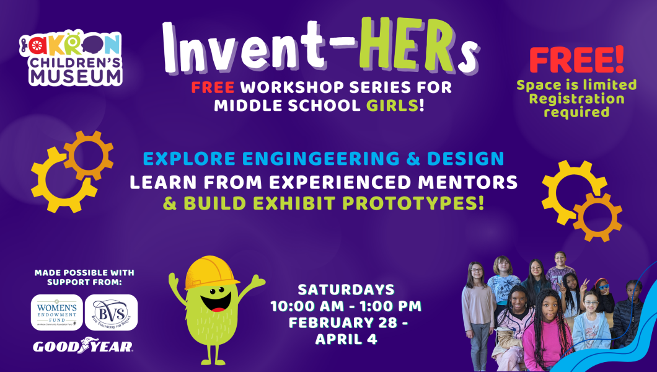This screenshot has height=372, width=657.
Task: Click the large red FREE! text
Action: (x=576, y=60)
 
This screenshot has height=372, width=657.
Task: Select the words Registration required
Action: (x=576, y=105)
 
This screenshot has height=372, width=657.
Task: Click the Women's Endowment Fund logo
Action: (x=57, y=312)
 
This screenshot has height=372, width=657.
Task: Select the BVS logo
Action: (x=111, y=312)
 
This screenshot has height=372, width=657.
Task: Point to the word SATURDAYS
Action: (x=346, y=289)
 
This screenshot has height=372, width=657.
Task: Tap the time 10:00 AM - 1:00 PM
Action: (x=346, y=306)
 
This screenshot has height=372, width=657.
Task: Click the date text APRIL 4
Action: (x=346, y=339)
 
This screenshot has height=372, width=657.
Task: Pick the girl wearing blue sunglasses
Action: (x=605, y=294)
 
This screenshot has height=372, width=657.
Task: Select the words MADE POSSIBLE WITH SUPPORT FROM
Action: (x=84, y=277)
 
